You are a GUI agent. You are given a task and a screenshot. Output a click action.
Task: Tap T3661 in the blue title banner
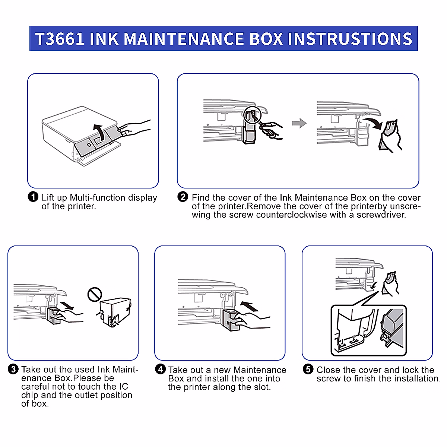tap(60, 39)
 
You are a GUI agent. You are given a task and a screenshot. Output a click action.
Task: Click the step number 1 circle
tap(33, 197)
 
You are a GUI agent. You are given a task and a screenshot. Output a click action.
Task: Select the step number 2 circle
tap(183, 197)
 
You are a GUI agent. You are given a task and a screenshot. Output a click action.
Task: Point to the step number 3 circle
tap(13, 369)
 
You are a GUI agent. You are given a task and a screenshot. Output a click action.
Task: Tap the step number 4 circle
tap(160, 369)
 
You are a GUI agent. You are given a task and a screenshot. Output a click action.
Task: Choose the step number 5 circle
tap(308, 369)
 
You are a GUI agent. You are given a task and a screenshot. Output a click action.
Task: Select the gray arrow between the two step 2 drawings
tap(299, 123)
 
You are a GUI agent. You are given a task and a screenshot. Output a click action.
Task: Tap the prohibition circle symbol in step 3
tap(95, 294)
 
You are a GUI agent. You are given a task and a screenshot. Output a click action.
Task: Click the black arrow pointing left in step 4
tap(249, 307)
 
